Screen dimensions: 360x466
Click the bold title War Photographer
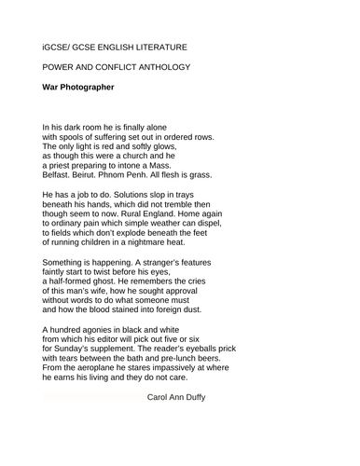tap(78, 88)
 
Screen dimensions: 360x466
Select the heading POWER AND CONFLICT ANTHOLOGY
tap(116, 67)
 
